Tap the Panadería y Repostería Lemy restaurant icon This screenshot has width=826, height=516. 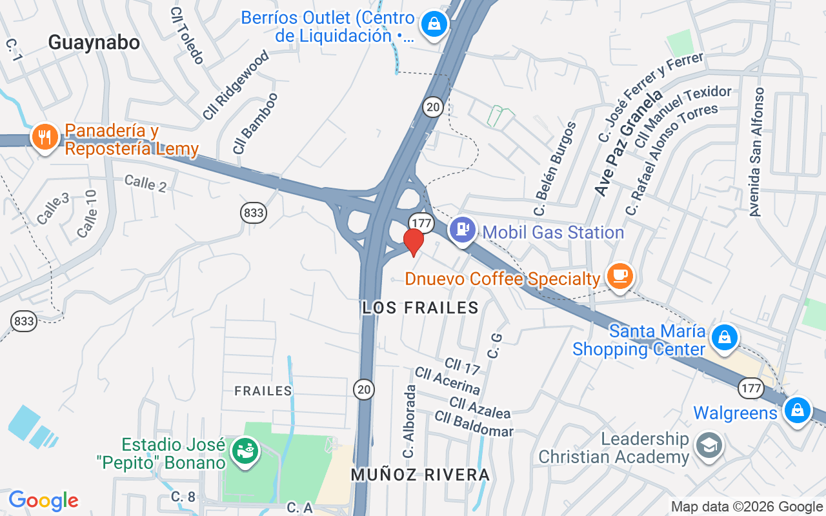click(45, 137)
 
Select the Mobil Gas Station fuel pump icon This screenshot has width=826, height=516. click(463, 229)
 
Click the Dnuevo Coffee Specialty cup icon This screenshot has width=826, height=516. click(620, 275)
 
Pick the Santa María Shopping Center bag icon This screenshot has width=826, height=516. click(725, 337)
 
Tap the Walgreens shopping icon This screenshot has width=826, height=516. click(798, 409)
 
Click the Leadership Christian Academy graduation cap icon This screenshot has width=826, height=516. click(709, 445)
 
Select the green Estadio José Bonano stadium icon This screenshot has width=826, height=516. click(246, 450)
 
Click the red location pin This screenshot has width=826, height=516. click(413, 242)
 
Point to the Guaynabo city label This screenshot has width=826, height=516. click(94, 43)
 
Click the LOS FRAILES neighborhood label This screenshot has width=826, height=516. click(421, 308)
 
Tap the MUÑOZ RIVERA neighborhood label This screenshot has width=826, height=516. click(421, 475)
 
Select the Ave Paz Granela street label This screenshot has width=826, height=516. click(629, 143)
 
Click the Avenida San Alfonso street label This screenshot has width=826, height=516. click(756, 152)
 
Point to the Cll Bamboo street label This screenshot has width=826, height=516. click(256, 123)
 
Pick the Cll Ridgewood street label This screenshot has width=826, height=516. click(235, 86)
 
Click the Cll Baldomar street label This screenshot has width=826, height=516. click(474, 424)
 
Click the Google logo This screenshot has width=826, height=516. click(44, 501)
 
